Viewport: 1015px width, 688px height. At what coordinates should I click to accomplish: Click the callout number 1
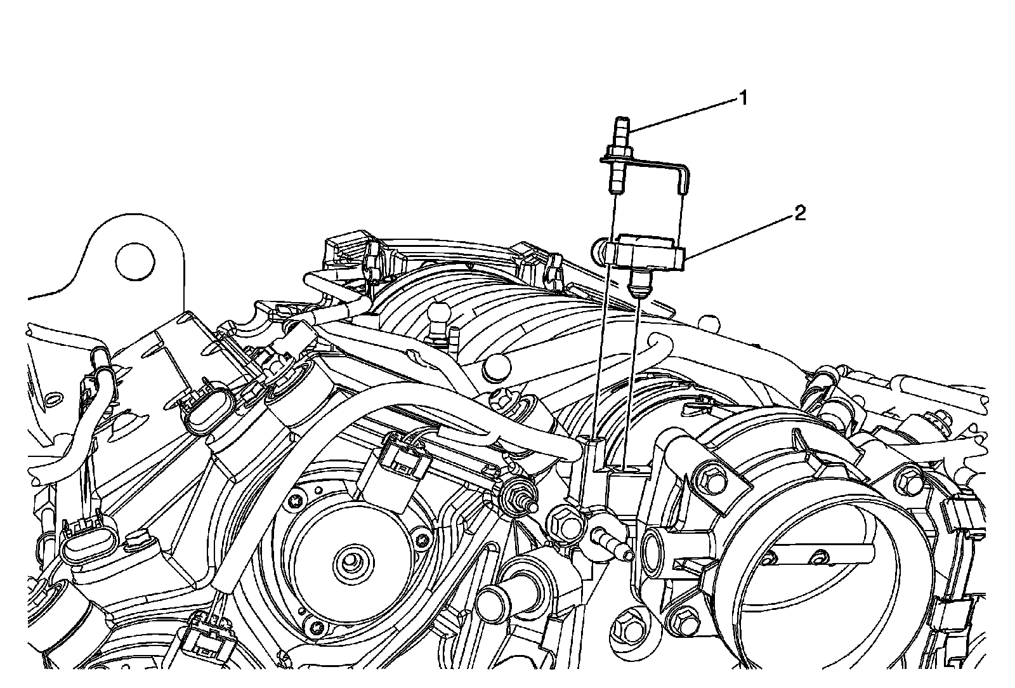tap(742, 98)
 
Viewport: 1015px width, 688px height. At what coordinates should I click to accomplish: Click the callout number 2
tap(800, 214)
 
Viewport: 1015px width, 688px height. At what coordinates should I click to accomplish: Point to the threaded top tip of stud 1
tap(620, 122)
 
